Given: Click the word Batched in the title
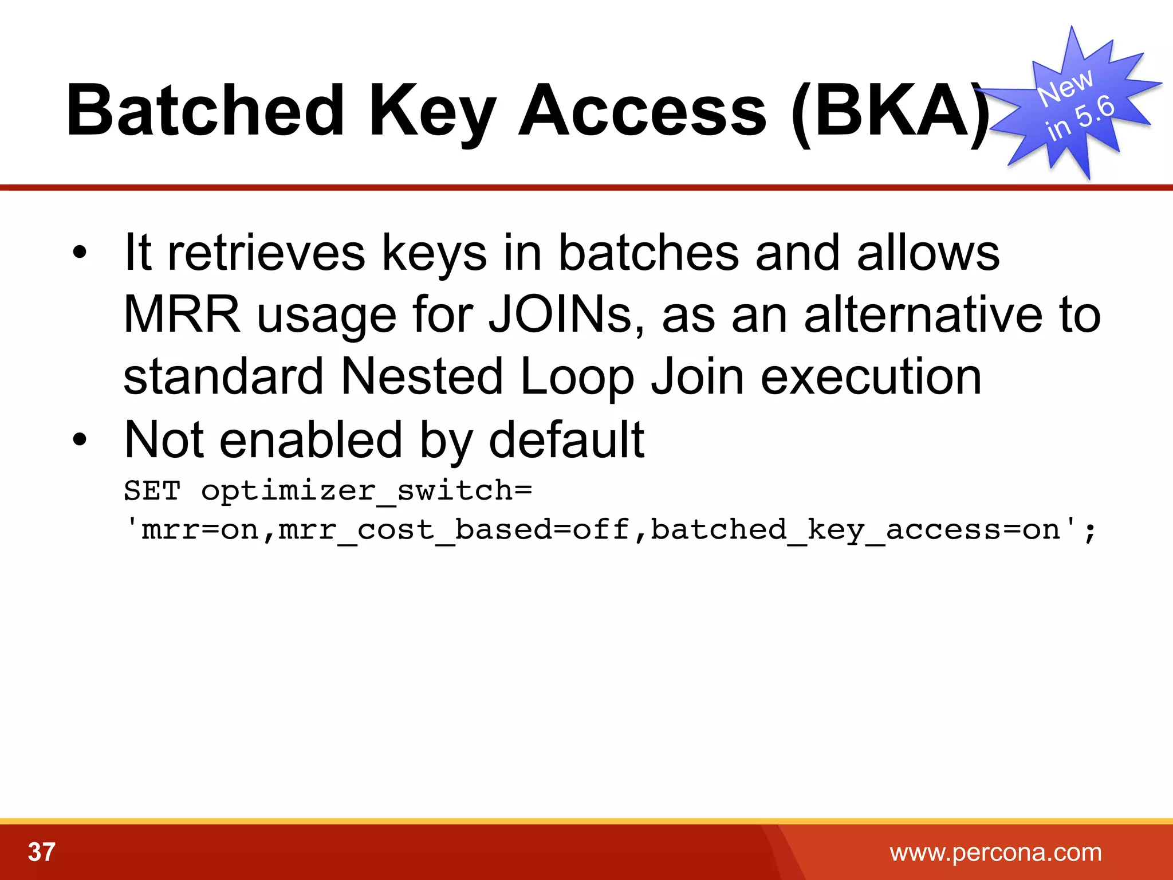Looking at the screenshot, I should point(205,110).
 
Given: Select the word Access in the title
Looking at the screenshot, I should point(641,110).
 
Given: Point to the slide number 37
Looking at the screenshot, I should point(41,852).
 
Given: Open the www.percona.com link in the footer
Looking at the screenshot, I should point(995,852).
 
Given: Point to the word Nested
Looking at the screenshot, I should point(422,376).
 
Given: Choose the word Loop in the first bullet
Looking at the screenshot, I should point(577,376).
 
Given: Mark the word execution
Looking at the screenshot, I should point(871,376).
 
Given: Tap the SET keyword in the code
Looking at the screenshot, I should point(152,490).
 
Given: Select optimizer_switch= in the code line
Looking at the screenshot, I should point(367,492).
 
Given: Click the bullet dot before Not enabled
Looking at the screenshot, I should point(80,439).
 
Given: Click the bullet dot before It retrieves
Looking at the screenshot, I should point(80,253).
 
